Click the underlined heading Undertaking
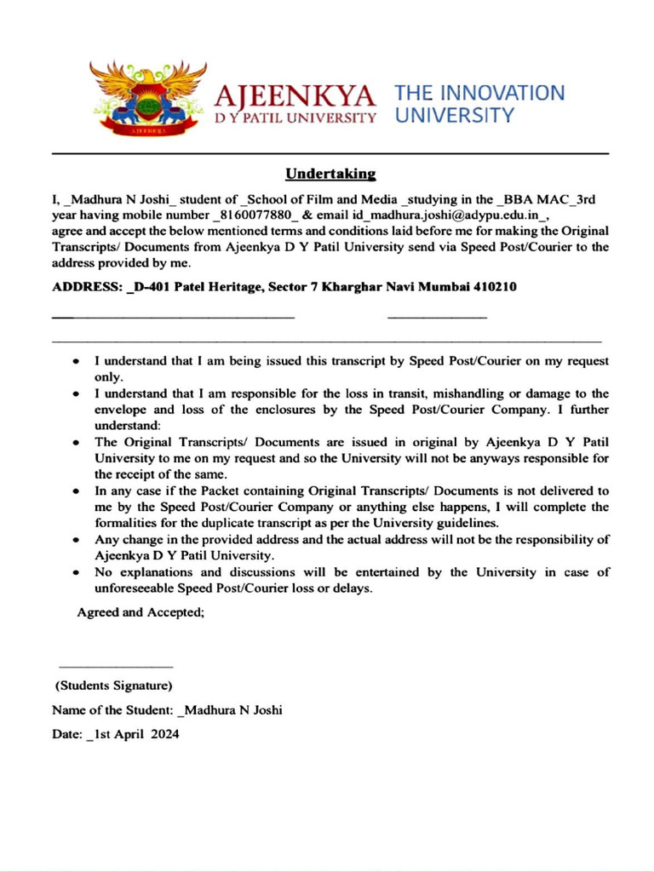point(330,174)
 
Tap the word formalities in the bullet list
point(128,522)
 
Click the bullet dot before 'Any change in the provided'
point(77,540)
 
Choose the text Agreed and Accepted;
point(141,612)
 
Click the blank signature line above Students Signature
point(115,666)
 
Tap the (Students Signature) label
point(114,685)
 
